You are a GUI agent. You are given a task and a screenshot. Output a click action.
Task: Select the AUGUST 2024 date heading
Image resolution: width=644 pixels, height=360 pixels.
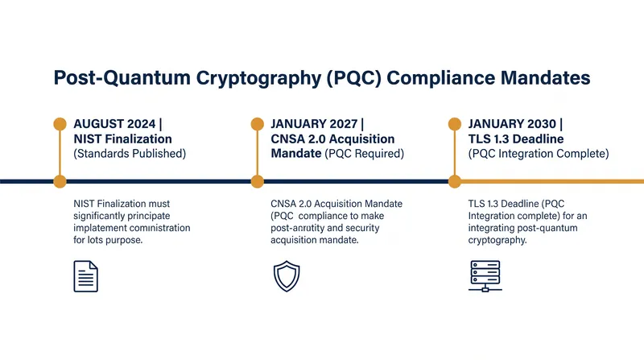tap(114, 124)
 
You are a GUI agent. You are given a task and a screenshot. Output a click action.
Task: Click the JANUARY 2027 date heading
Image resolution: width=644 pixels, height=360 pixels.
tap(314, 124)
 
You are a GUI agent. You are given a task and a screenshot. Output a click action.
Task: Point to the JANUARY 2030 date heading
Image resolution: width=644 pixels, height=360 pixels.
tap(512, 124)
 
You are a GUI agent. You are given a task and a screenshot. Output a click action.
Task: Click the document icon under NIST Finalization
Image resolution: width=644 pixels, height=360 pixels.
tap(86, 276)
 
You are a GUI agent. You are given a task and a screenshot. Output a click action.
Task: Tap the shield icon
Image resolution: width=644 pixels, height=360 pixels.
tap(287, 276)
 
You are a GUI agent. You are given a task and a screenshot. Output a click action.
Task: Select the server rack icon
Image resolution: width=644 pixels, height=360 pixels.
tap(485, 276)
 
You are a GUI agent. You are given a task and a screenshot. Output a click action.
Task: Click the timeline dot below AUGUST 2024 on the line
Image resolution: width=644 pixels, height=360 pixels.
tap(60, 181)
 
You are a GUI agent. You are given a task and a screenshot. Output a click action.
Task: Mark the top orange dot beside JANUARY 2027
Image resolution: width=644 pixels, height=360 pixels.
tap(257, 124)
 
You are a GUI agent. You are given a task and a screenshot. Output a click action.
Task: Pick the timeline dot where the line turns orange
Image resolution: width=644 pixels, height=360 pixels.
tap(455, 181)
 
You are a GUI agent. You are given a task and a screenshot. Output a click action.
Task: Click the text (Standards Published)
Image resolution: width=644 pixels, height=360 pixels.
tap(130, 154)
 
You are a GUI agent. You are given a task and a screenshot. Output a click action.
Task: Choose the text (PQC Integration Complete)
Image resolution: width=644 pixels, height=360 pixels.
tap(539, 154)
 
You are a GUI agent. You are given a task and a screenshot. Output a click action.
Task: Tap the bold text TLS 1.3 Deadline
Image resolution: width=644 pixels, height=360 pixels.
tap(516, 139)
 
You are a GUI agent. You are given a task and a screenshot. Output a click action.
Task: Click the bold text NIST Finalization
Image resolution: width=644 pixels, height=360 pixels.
tap(123, 139)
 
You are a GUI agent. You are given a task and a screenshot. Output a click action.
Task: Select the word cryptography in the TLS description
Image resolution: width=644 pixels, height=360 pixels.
tap(497, 241)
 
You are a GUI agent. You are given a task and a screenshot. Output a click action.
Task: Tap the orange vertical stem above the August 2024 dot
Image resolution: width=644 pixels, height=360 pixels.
tap(60, 152)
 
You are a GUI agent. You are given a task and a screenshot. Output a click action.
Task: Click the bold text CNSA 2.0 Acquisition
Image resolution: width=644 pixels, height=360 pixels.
tap(332, 139)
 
